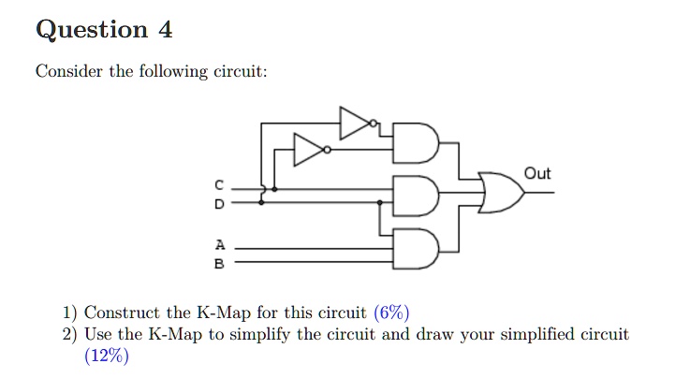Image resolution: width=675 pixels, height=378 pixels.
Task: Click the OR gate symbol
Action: click(500, 192)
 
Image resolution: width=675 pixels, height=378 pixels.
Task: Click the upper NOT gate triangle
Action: click(356, 123)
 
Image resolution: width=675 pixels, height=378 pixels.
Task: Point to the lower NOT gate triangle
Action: click(309, 149)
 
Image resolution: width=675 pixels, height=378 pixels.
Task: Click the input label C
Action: click(220, 184)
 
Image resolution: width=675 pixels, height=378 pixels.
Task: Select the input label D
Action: click(220, 202)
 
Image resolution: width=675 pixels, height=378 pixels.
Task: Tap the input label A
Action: click(220, 245)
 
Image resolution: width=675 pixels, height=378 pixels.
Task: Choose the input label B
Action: click(220, 264)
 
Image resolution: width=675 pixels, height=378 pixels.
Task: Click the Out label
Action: click(537, 174)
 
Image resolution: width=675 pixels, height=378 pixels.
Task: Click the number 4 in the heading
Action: click(165, 30)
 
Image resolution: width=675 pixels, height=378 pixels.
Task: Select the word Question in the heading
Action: click(91, 31)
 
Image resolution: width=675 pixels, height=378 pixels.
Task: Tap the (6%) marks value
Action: click(391, 313)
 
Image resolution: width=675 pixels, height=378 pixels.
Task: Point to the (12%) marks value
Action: click(107, 356)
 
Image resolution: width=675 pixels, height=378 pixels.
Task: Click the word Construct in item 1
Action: click(122, 313)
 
